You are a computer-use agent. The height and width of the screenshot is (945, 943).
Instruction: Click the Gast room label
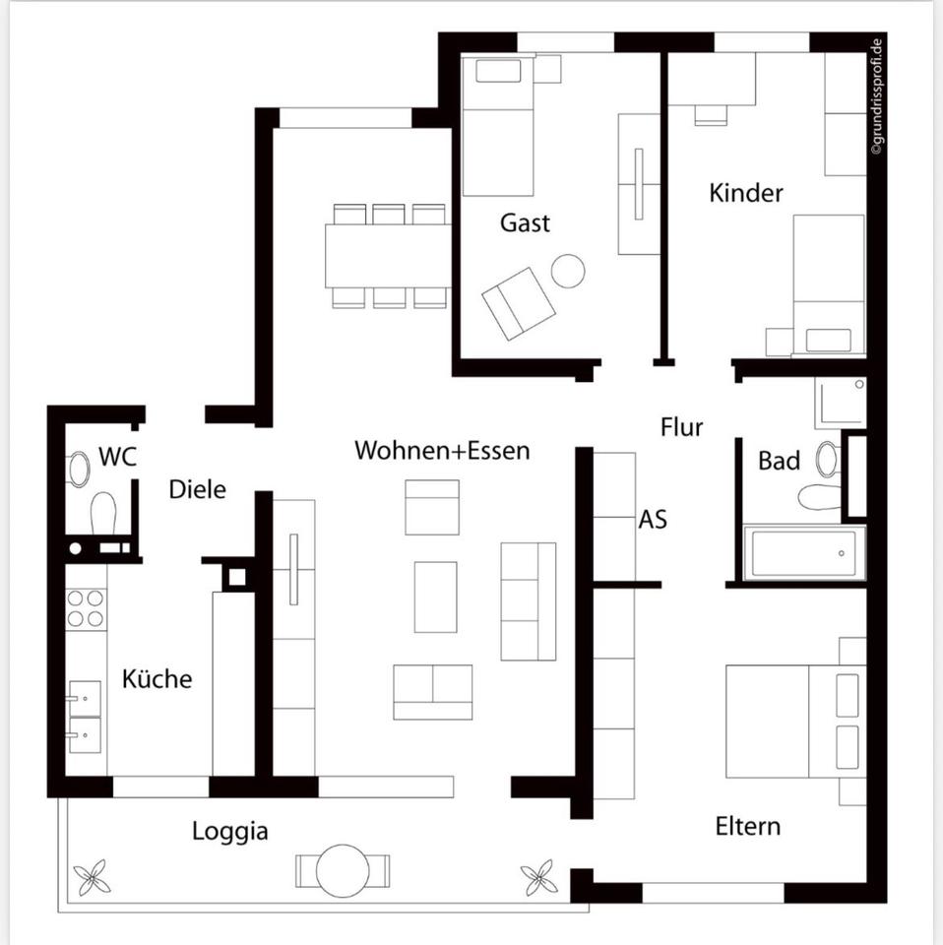(x=525, y=222)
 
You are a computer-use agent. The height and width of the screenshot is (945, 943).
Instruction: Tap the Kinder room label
(x=746, y=192)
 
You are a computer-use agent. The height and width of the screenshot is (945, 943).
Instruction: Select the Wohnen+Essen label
(x=442, y=451)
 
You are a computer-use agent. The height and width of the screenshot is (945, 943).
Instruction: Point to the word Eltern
(x=747, y=826)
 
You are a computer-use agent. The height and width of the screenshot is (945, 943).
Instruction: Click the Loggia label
(x=229, y=832)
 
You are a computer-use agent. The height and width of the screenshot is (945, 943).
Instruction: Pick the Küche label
(x=157, y=679)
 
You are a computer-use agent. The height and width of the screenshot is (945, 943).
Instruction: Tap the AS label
(x=653, y=518)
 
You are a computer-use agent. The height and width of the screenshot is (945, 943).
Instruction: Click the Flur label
(x=681, y=427)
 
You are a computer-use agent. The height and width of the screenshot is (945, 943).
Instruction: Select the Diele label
(x=197, y=488)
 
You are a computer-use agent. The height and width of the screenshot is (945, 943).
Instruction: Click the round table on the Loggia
(x=342, y=868)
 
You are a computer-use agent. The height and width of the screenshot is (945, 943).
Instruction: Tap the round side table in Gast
(x=568, y=271)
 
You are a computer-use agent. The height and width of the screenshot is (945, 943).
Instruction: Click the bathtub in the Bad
(x=804, y=553)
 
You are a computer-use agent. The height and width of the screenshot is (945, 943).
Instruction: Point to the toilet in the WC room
(x=103, y=512)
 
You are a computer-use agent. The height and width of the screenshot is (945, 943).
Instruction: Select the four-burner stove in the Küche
(x=86, y=607)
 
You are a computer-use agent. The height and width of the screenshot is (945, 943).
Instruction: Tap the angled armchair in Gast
(x=518, y=302)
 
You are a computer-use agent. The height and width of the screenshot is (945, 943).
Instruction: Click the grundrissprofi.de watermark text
(x=878, y=94)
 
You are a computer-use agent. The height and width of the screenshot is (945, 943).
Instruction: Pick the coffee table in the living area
(x=435, y=597)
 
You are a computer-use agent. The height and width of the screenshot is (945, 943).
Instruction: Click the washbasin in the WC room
(x=79, y=469)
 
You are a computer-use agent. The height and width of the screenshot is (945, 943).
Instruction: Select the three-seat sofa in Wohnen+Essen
(x=528, y=600)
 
